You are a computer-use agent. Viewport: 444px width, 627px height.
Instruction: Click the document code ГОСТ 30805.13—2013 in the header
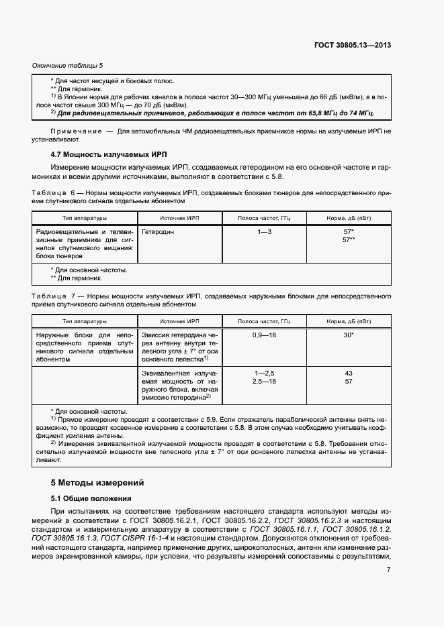pyautogui.click(x=352, y=46)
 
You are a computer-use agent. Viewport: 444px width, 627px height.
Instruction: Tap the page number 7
pyautogui.click(x=388, y=570)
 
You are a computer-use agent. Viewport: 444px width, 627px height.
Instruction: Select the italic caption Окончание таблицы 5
pyautogui.click(x=68, y=66)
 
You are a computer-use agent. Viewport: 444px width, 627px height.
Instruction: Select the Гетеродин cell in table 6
pyautogui.click(x=159, y=231)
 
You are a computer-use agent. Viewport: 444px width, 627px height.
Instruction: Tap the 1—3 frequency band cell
pyautogui.click(x=264, y=231)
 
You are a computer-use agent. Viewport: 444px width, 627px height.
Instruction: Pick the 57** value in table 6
pyautogui.click(x=348, y=239)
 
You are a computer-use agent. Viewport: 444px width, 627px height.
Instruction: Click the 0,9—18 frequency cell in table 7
pyautogui.click(x=264, y=334)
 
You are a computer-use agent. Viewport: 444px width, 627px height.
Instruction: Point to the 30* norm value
pyautogui.click(x=348, y=334)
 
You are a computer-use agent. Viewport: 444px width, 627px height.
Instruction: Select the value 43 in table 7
pyautogui.click(x=348, y=373)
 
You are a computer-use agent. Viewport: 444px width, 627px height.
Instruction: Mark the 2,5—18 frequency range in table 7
pyautogui.click(x=264, y=381)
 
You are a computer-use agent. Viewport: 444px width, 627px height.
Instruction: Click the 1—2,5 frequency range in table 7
pyautogui.click(x=264, y=373)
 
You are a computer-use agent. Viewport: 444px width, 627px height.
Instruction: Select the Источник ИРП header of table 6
pyautogui.click(x=180, y=218)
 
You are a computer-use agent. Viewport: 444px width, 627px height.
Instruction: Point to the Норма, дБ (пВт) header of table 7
pyautogui.click(x=348, y=321)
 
